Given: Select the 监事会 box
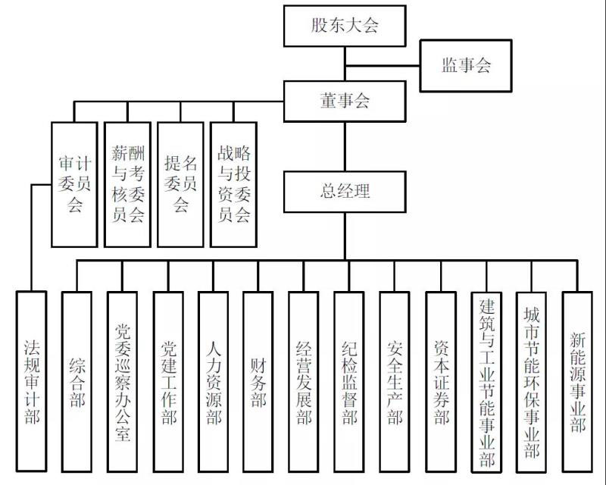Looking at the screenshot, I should click(x=467, y=65).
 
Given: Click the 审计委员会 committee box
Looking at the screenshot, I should click(x=74, y=183).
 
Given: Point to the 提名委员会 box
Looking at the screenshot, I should click(x=180, y=183).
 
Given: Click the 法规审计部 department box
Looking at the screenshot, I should click(x=31, y=383).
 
